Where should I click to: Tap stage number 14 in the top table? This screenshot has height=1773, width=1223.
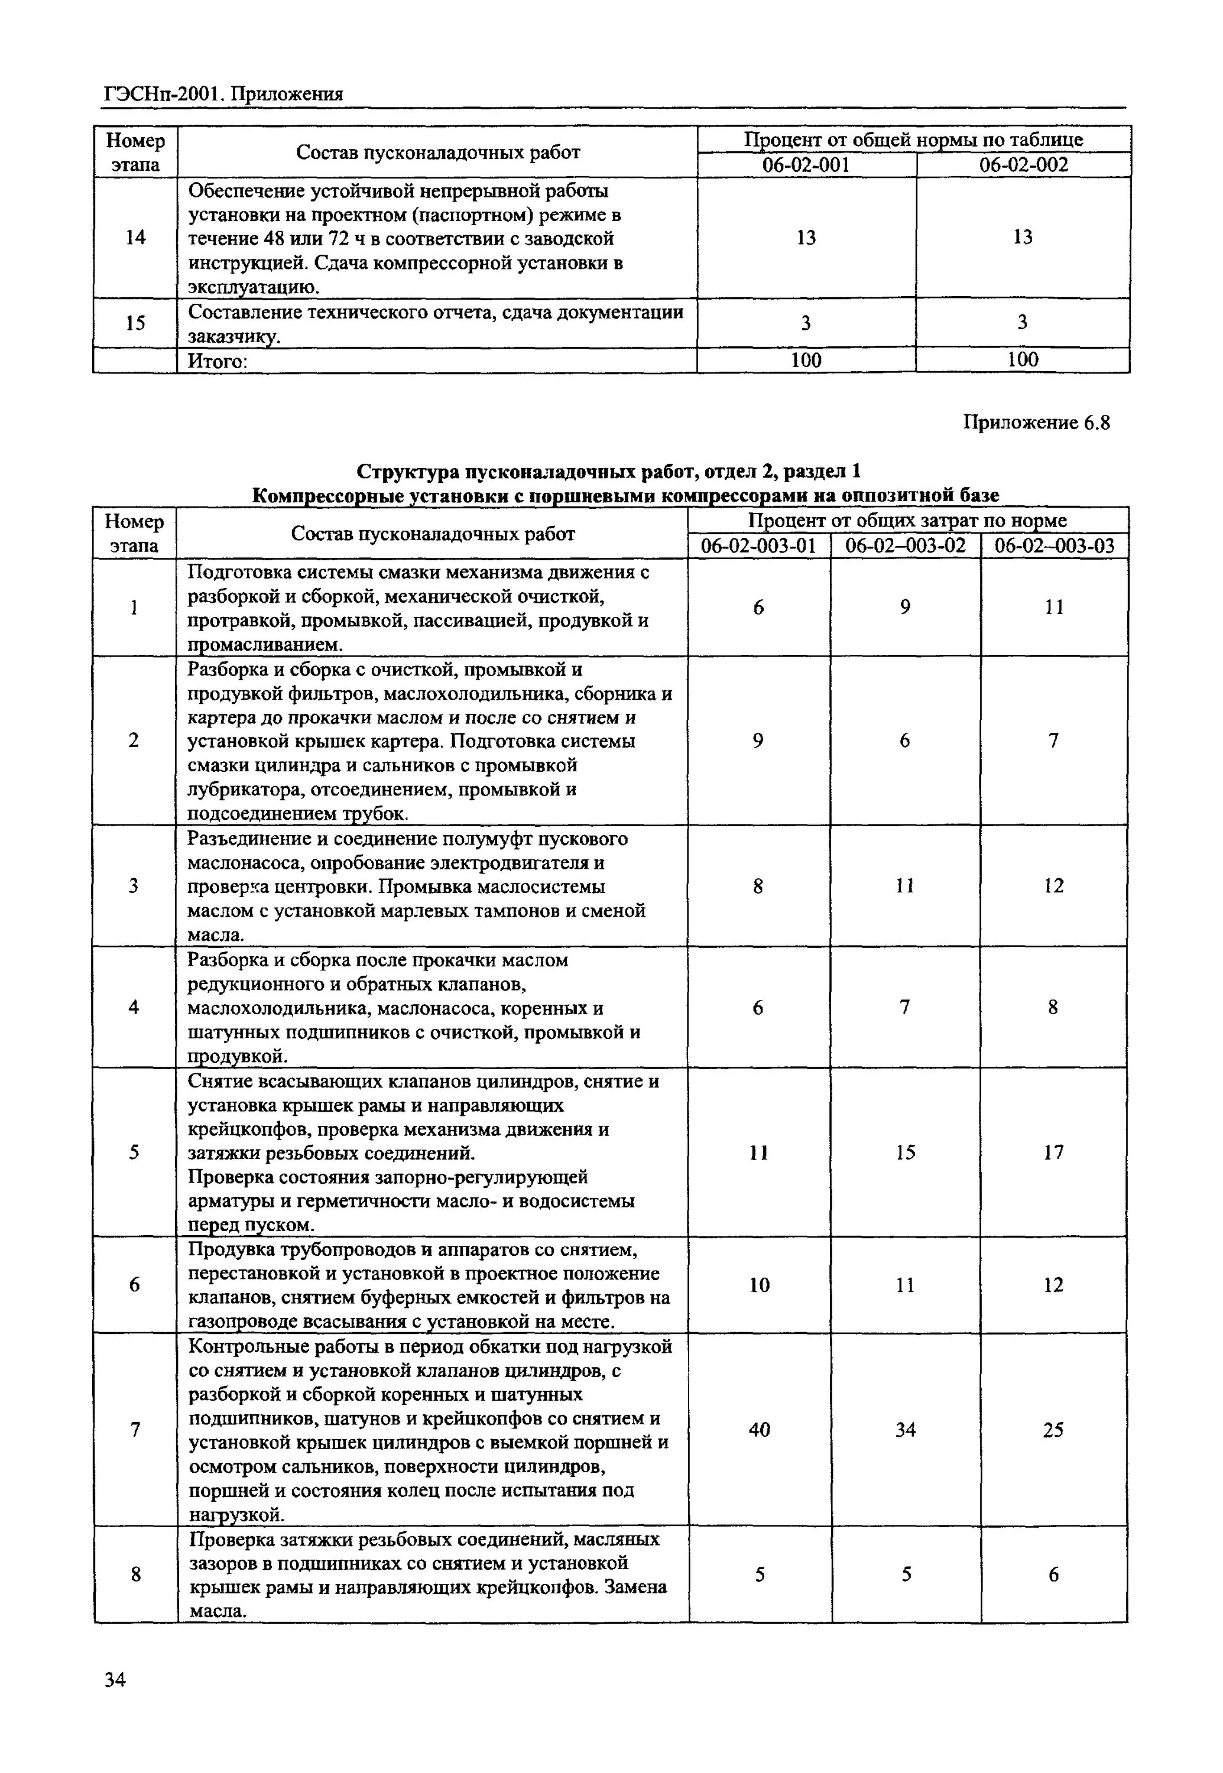[x=135, y=238]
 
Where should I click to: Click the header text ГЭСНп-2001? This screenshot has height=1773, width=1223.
[x=163, y=94]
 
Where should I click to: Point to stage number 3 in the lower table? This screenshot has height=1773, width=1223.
[x=134, y=886]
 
